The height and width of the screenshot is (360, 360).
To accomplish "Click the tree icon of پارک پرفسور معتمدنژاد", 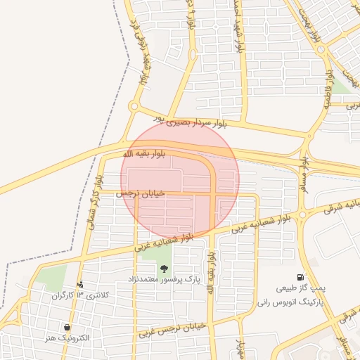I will pos(164,269).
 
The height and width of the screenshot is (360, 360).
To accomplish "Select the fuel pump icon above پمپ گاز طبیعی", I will pos(301,278).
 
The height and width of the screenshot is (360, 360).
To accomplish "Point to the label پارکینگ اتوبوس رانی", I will pos(290,300).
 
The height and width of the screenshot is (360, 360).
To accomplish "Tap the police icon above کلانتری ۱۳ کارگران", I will pos(81,285).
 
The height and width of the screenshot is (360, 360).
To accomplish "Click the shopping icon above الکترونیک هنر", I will pos(67,328).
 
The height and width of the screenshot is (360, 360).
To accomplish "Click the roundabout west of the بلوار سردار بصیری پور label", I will pos(134,107).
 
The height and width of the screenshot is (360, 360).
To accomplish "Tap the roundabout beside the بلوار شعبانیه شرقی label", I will pos(302,214).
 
